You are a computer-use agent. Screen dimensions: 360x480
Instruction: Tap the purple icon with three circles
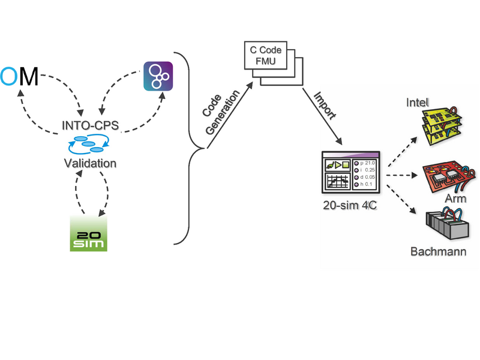[158, 76]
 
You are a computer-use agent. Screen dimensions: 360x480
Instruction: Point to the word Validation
[91, 162]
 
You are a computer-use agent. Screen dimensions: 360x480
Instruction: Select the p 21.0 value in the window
[367, 163]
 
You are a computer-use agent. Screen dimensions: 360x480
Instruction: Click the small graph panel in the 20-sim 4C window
[337, 182]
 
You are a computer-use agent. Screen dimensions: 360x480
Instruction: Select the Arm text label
[455, 199]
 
